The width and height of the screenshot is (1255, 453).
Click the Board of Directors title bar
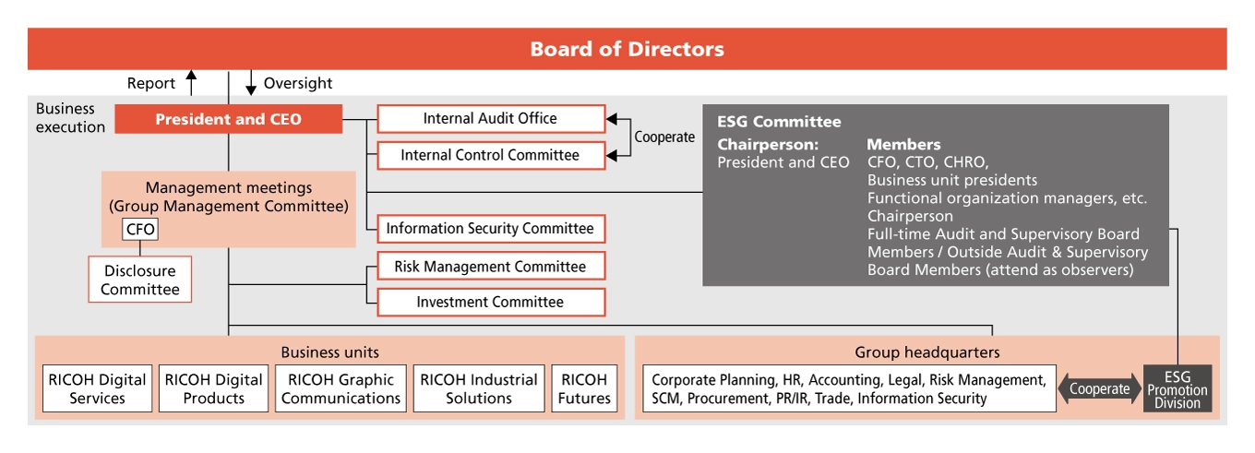[627, 49]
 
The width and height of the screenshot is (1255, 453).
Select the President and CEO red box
[228, 119]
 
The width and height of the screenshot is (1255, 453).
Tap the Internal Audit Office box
[490, 119]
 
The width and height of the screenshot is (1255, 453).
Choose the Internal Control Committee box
[490, 156]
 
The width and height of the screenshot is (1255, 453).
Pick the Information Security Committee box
[490, 229]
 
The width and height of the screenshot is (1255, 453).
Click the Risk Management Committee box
[490, 267]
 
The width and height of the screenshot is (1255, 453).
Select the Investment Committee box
[490, 303]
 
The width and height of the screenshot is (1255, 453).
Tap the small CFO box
[140, 229]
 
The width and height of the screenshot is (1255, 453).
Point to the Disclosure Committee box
[140, 280]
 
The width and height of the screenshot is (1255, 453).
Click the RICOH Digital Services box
[97, 388]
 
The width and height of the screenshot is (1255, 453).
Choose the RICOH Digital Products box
[213, 388]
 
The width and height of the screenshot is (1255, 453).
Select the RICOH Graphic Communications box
[341, 388]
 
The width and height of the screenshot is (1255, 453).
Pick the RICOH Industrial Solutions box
[479, 388]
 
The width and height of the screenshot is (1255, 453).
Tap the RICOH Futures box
[584, 388]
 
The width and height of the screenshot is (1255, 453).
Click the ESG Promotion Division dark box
[1177, 388]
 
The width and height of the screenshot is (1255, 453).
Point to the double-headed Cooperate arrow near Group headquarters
[1099, 388]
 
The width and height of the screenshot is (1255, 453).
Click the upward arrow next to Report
[191, 83]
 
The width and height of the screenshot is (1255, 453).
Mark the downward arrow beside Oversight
[250, 83]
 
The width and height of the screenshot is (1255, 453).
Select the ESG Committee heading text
[779, 122]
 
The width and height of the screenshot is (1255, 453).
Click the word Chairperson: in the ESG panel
[768, 145]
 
